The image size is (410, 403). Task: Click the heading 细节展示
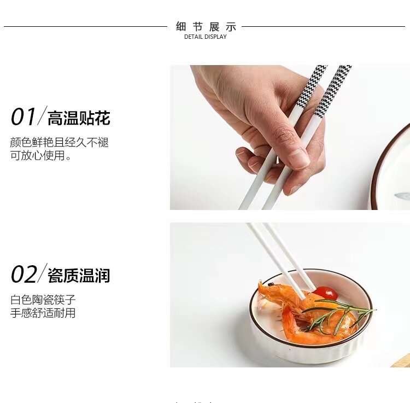(206, 26)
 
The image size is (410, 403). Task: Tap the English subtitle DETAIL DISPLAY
(205, 37)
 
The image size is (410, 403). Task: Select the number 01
(23, 117)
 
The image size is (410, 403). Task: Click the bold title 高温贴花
(79, 118)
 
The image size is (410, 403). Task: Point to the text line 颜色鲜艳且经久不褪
(59, 142)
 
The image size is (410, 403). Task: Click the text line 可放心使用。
(41, 156)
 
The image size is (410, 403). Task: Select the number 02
(23, 274)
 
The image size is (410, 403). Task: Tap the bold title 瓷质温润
(79, 276)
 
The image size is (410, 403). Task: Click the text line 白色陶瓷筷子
(43, 300)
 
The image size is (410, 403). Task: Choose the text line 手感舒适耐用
(43, 313)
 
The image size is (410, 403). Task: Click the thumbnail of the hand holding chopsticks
(290, 137)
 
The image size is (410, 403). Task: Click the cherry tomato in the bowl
(326, 294)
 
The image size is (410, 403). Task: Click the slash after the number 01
(42, 116)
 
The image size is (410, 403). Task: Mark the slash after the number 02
(42, 274)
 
